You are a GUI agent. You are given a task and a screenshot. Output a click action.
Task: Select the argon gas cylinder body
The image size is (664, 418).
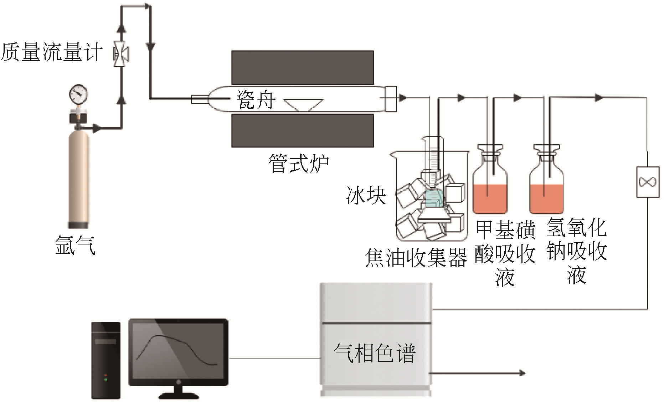(x=79, y=178)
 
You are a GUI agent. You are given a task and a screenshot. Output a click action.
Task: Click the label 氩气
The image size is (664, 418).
(x=75, y=245)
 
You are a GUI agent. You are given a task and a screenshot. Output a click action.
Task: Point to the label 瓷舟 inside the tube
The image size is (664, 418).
(x=256, y=100)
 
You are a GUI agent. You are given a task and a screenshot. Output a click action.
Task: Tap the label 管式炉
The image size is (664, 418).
(x=299, y=164)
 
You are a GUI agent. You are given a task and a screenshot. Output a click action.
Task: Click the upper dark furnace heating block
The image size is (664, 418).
(x=303, y=67)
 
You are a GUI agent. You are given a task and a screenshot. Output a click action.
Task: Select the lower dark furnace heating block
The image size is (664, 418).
(x=303, y=130)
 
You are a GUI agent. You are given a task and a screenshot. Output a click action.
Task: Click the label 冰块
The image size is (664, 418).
(x=366, y=195)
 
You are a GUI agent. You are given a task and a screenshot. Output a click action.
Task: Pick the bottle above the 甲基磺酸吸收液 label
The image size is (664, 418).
(x=490, y=185)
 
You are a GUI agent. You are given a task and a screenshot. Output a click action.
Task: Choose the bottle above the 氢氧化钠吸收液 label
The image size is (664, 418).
(x=546, y=185)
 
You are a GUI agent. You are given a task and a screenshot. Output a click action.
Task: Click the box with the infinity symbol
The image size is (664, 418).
(x=647, y=182)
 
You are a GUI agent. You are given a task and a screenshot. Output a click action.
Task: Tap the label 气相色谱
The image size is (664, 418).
(x=375, y=353)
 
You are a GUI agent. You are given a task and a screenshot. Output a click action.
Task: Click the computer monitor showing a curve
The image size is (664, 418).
(x=178, y=353)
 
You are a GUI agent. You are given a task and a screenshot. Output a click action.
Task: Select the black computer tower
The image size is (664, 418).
(x=106, y=360)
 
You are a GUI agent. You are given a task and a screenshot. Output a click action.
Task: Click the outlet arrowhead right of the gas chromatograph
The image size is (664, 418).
(x=522, y=373)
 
